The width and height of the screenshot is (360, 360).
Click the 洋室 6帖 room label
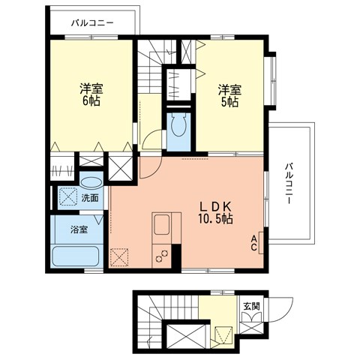pyautogui.click(x=92, y=94)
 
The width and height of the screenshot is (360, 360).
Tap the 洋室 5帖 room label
pyautogui.click(x=229, y=94)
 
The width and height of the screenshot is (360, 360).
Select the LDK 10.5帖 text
pyautogui.click(x=214, y=212)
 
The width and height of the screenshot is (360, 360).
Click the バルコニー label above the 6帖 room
pyautogui.click(x=92, y=22)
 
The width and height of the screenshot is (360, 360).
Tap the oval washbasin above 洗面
pyautogui.click(x=91, y=181)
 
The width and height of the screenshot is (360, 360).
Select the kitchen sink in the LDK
pyautogui.click(x=163, y=224)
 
